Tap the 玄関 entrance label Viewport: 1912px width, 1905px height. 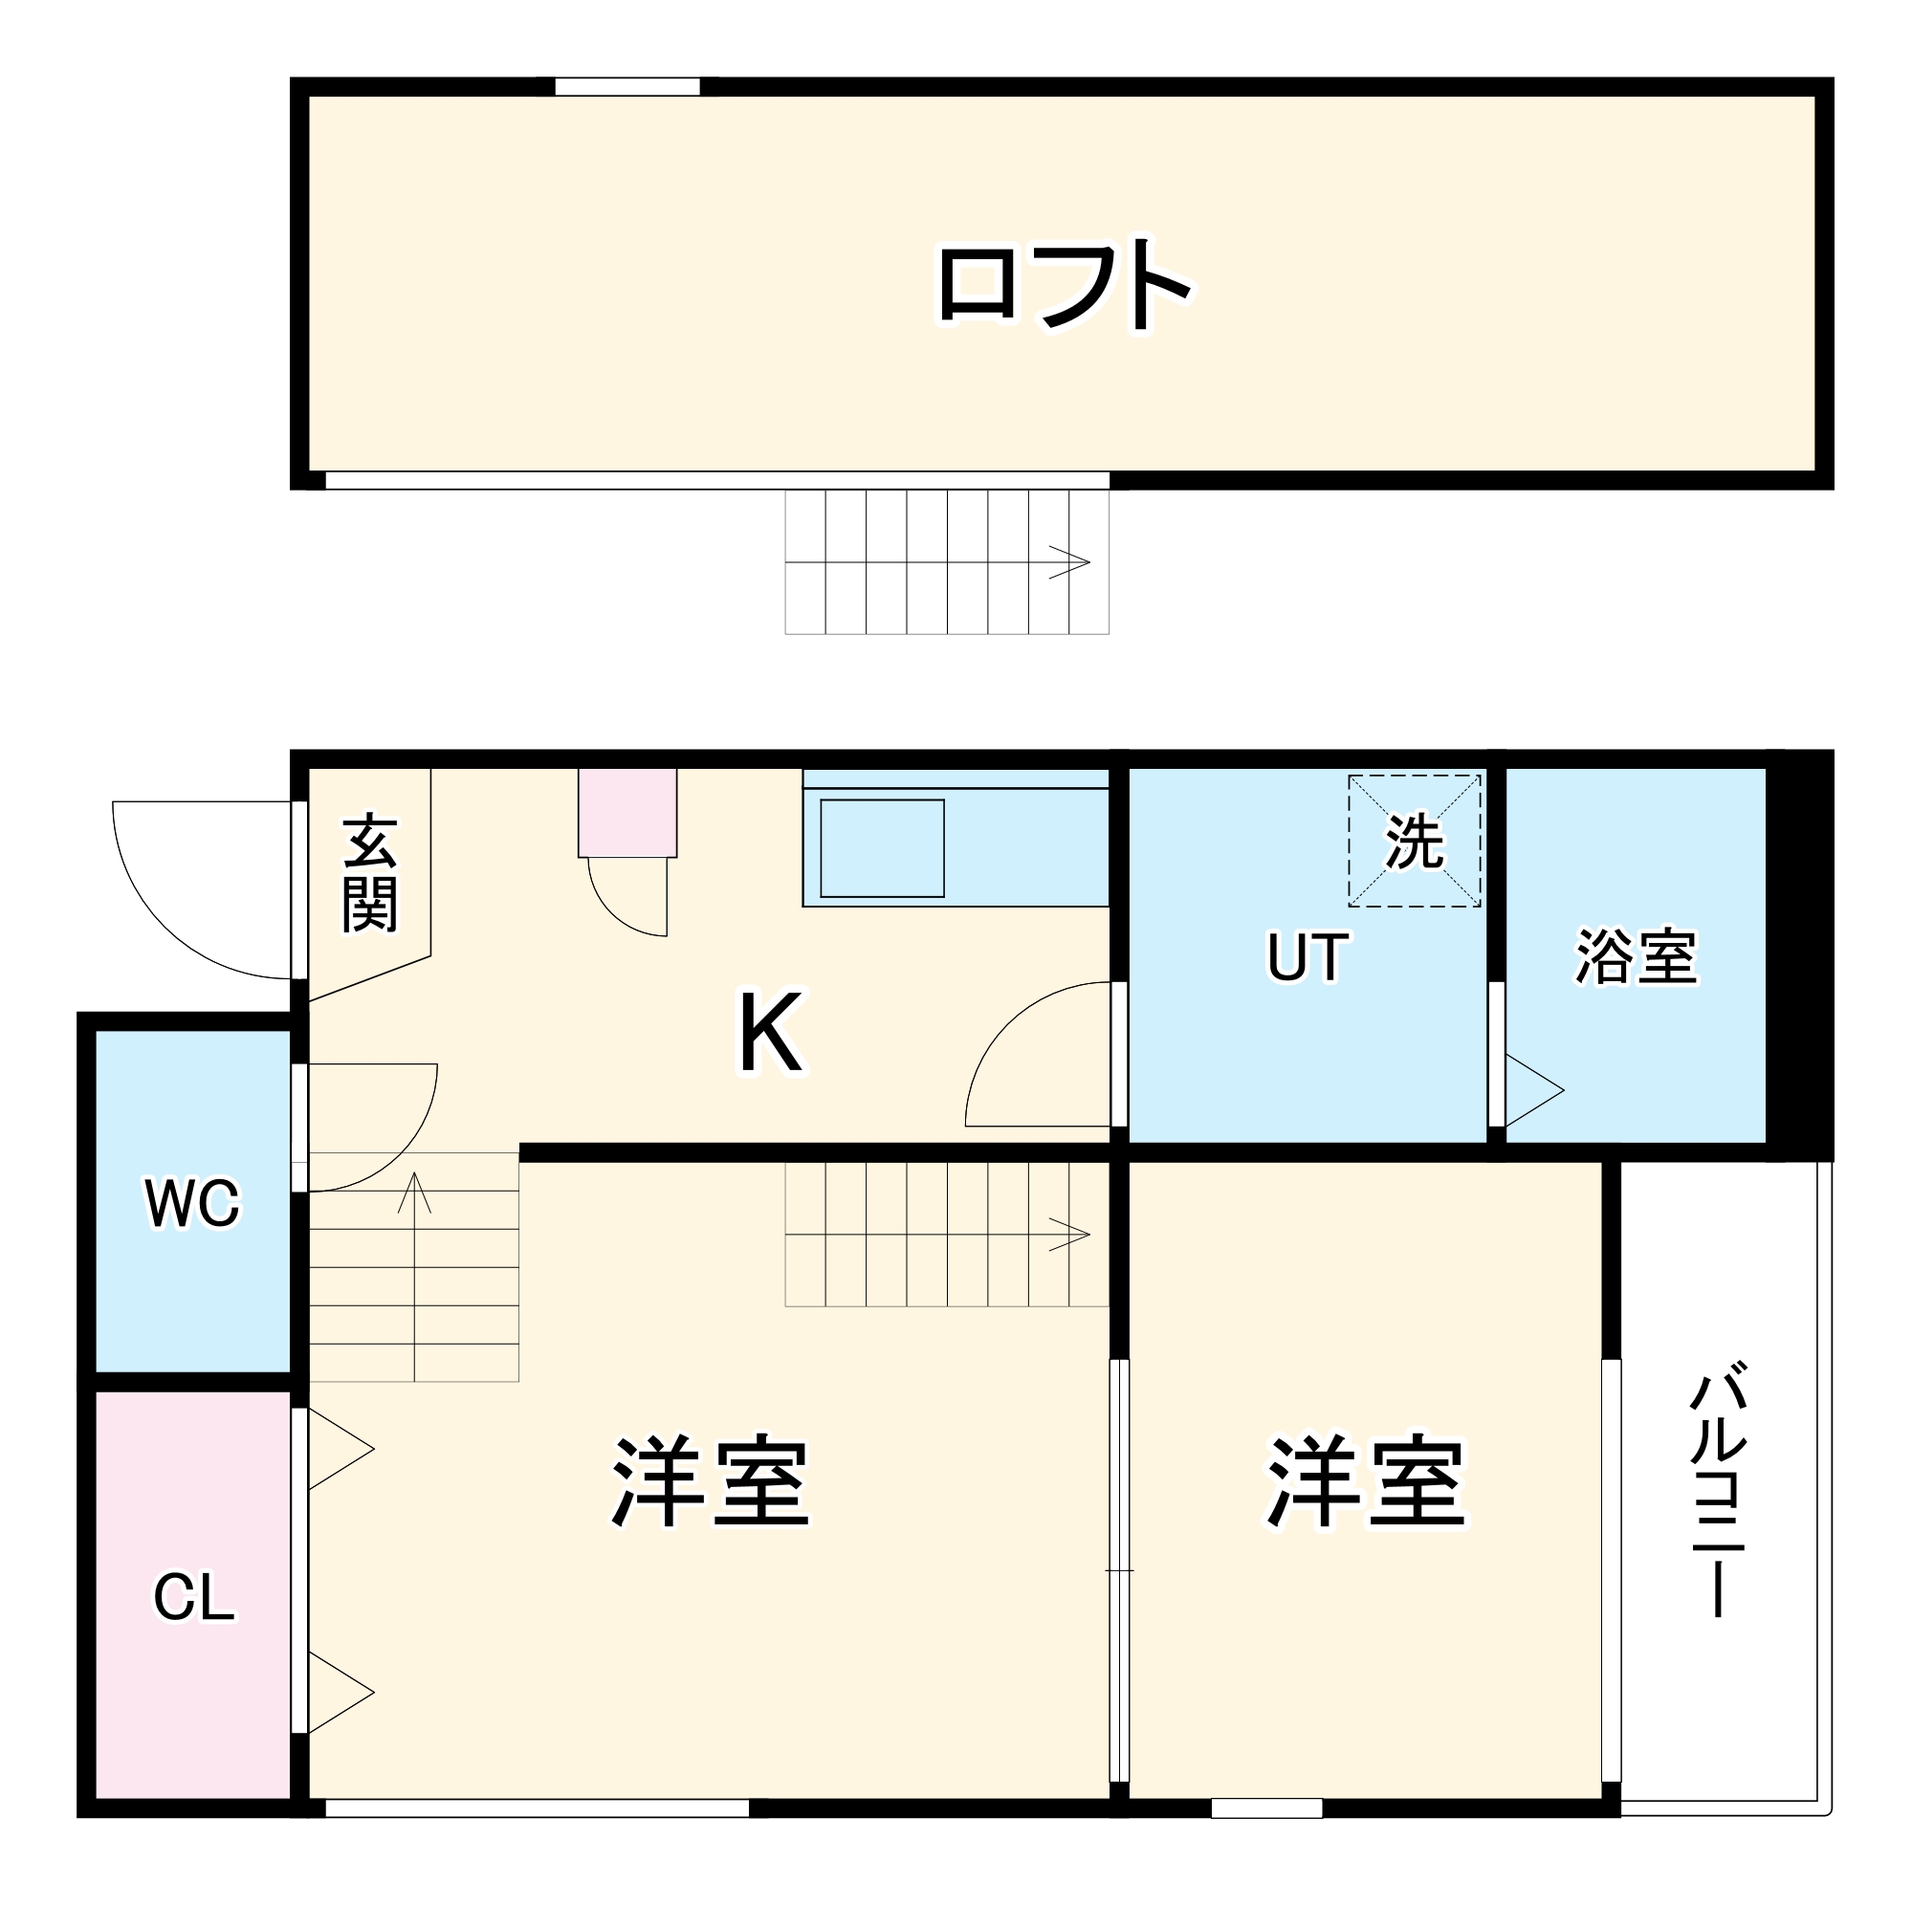(x=369, y=873)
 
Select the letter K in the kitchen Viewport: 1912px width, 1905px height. (x=771, y=1033)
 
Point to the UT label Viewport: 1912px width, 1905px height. (x=1307, y=958)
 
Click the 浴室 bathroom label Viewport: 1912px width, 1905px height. (x=1636, y=956)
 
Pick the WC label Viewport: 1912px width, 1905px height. (x=192, y=1203)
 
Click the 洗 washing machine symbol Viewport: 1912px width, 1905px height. (x=1415, y=842)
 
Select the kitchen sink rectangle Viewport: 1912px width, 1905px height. (x=882, y=848)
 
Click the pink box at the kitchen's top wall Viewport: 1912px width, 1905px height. (x=627, y=813)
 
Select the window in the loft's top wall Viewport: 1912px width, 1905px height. (x=626, y=87)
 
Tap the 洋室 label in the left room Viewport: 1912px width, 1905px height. (x=711, y=1481)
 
